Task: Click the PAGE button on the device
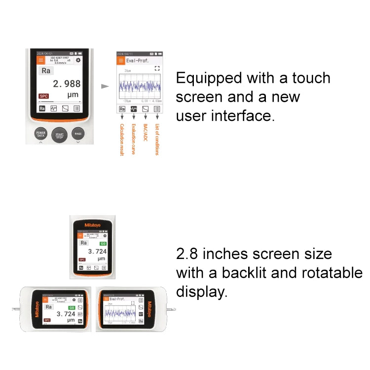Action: click(78, 134)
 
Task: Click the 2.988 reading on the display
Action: click(67, 83)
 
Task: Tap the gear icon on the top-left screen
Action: click(78, 60)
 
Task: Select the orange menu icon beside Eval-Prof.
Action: click(120, 60)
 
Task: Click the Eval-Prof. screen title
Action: click(137, 61)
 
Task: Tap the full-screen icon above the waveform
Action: click(157, 70)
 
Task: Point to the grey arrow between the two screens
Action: click(104, 86)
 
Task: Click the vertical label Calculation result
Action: click(122, 141)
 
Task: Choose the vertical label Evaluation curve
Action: click(134, 140)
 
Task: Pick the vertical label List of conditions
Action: click(157, 140)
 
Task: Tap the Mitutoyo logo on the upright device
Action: click(92, 225)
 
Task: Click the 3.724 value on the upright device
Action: click(97, 251)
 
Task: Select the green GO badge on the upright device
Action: click(103, 243)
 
